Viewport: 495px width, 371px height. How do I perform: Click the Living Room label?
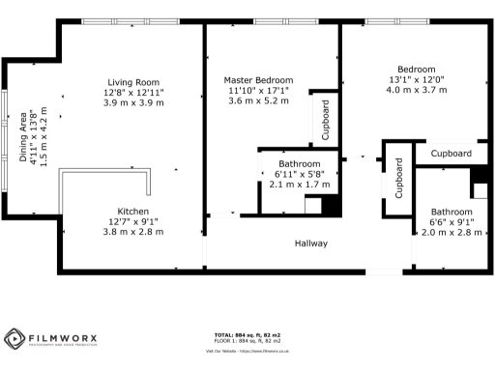point(133,82)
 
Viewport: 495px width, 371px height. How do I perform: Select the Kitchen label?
point(132,212)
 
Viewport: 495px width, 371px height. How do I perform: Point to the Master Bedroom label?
point(258,80)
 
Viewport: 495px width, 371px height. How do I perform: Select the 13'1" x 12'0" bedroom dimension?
point(417,80)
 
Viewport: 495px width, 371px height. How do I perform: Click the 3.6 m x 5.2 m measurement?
point(258,101)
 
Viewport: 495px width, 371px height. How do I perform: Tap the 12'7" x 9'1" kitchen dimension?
point(132,222)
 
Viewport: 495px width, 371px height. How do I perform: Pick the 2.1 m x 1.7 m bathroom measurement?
point(295,185)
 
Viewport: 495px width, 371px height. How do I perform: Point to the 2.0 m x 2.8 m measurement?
point(451,233)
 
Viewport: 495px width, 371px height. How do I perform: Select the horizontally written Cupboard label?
point(451,154)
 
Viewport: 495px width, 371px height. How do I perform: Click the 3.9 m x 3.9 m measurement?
point(133,102)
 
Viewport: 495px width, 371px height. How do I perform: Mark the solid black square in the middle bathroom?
point(330,206)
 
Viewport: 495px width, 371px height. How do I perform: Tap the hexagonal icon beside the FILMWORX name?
point(15,339)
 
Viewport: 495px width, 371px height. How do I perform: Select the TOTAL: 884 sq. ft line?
point(247,335)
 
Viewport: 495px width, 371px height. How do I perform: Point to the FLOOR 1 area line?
point(247,341)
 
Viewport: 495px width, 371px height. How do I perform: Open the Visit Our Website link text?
point(247,352)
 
